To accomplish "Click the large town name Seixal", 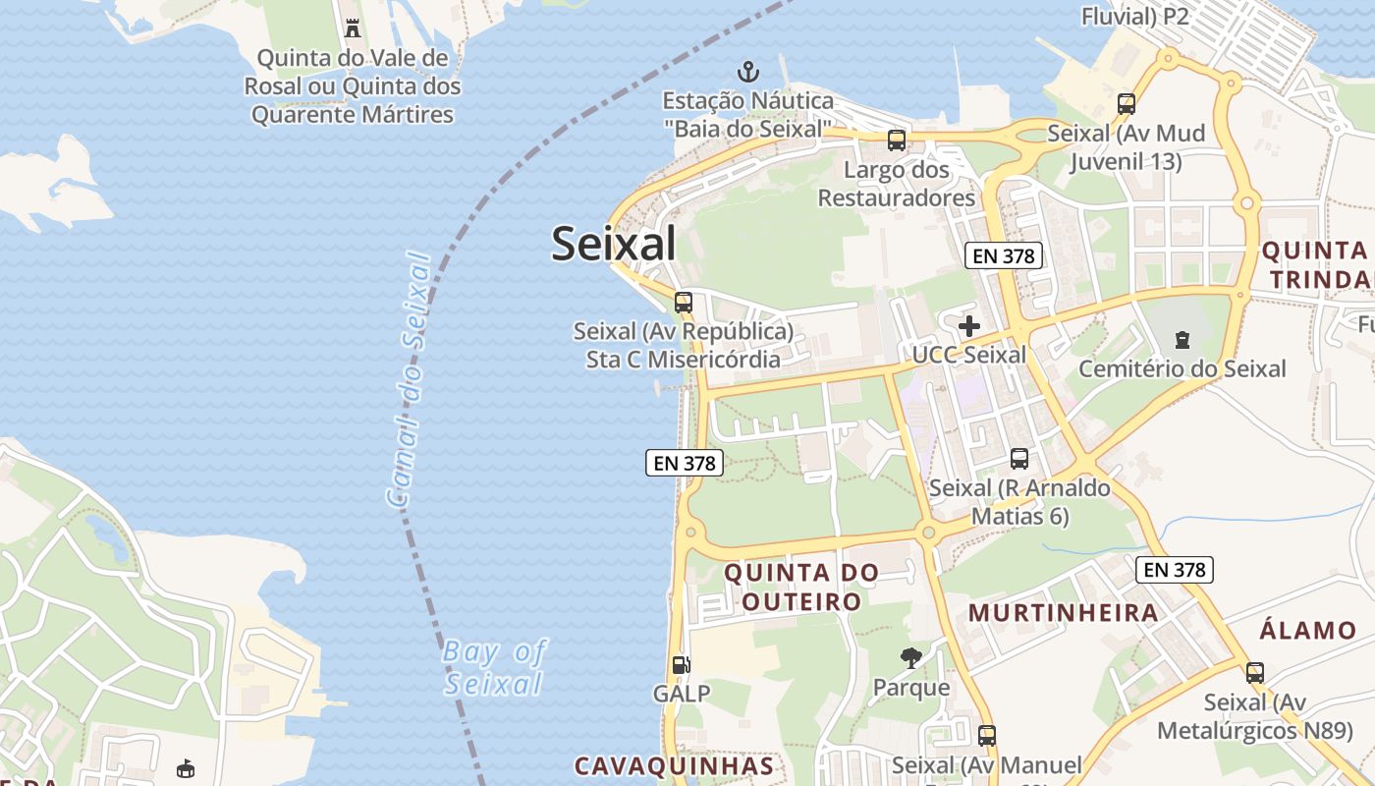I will pos(613,244).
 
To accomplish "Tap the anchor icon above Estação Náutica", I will pos(748,71).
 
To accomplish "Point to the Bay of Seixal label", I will pos(494,667).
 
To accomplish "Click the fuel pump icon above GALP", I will pos(681,664).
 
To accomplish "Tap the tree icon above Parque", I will pos(911,657).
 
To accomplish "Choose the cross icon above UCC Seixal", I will pos(969,326).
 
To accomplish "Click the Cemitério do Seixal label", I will pos(1182,368).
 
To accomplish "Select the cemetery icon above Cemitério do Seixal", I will pos(1182,340).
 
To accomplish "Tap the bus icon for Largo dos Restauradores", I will pos(897,140).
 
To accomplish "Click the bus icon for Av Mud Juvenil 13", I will pos(1127,103).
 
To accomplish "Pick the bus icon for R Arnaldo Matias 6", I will pos(1019,458).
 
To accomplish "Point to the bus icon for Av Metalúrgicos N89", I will pos(1254,673).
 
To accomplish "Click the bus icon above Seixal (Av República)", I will pos(684,303).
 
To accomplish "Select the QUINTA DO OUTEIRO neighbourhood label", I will pos(801,587).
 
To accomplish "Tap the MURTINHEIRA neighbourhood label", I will pos(1064,613).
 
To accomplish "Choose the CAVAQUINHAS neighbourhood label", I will pos(674,765).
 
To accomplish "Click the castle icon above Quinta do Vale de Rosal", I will pos(353,28).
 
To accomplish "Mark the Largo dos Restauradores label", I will pos(897,184).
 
